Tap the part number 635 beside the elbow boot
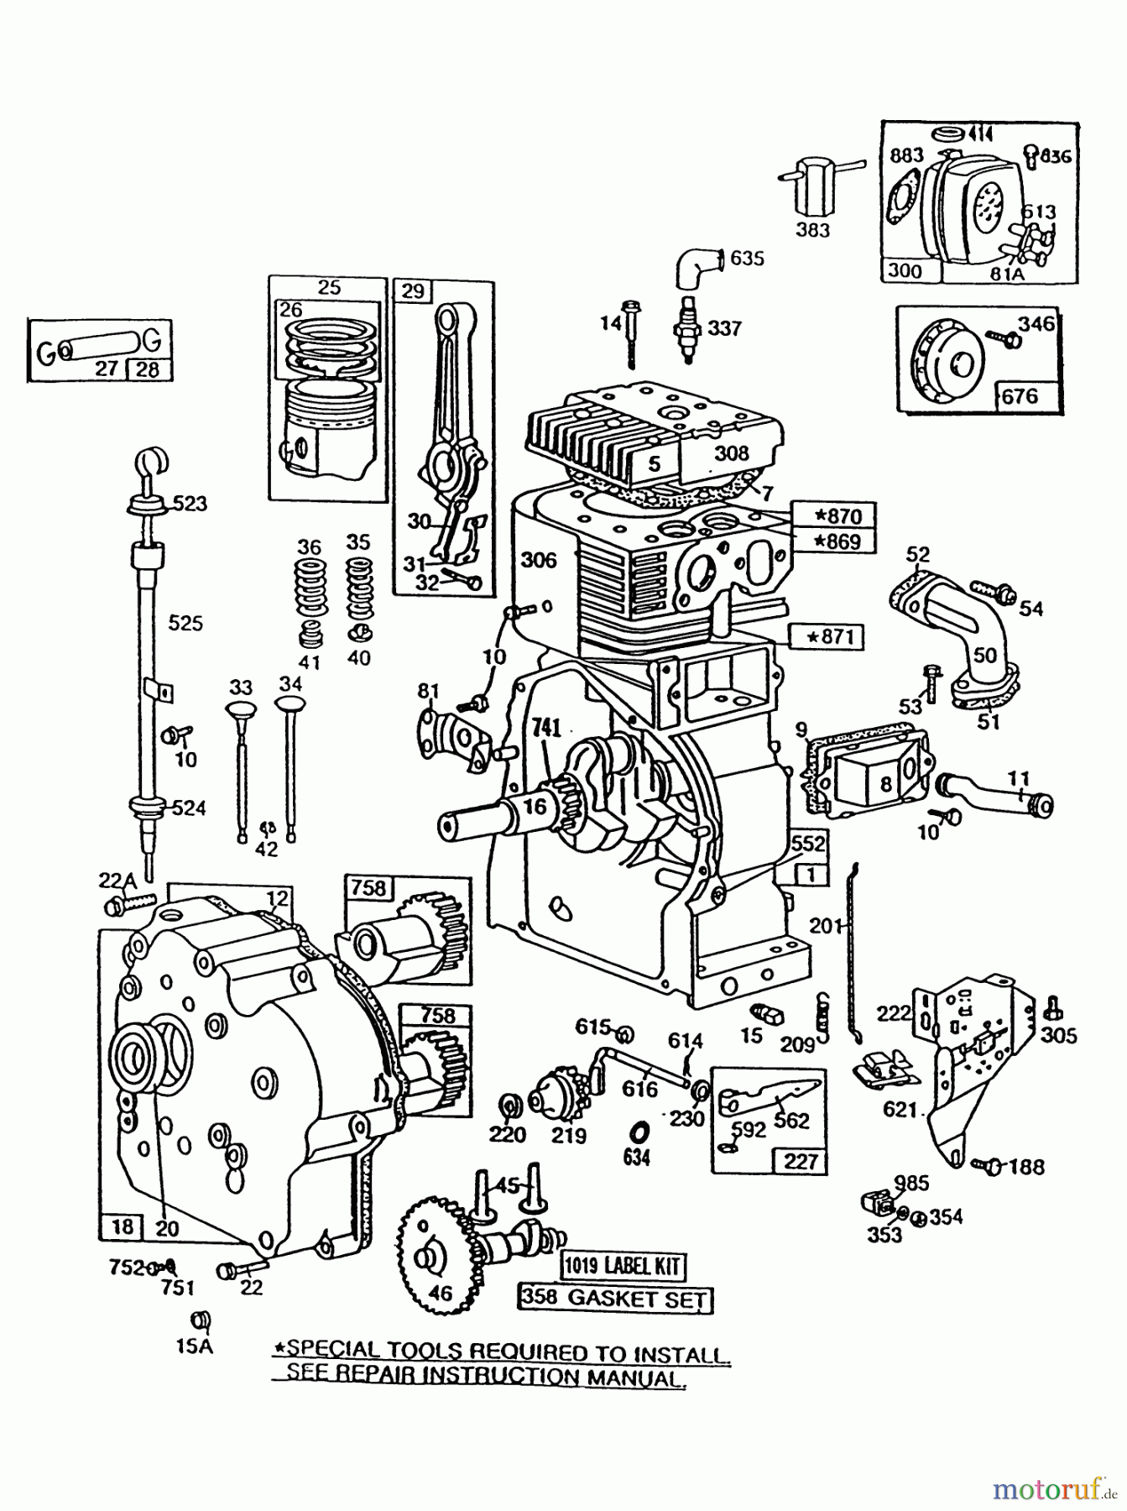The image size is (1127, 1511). (747, 258)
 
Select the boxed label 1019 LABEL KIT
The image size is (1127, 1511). (623, 1265)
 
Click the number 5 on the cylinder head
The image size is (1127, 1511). (655, 462)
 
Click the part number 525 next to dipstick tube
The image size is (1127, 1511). (185, 623)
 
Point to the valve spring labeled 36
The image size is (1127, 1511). (310, 579)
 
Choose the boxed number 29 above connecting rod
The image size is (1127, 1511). (412, 291)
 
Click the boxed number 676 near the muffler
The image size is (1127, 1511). (1020, 395)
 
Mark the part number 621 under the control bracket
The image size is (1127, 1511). (900, 1110)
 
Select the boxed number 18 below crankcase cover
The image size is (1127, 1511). (123, 1226)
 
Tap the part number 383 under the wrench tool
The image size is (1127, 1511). (812, 229)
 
